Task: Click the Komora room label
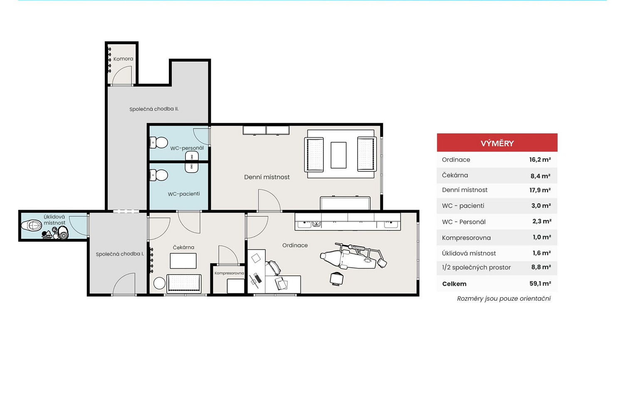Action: pos(123,59)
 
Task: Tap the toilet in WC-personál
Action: pos(159,142)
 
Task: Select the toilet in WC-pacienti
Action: pos(159,175)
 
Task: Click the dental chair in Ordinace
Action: pos(353,256)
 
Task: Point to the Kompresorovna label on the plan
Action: pos(229,273)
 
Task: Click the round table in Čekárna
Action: pos(159,283)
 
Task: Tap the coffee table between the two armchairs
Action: pos(338,155)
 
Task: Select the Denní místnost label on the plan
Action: pos(267,177)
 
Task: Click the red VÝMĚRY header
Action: pos(497,143)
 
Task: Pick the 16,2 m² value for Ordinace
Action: pos(540,160)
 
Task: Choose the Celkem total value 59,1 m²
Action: pos(540,284)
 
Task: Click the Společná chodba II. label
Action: pos(154,109)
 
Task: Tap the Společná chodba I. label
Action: pos(120,254)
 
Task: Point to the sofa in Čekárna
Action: pos(184,283)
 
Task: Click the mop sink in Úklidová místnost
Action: pos(32,225)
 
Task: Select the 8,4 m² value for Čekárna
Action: pos(540,176)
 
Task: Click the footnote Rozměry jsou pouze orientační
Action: pos(504,299)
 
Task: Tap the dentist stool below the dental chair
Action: pos(337,279)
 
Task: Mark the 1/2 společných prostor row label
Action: pos(476,267)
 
